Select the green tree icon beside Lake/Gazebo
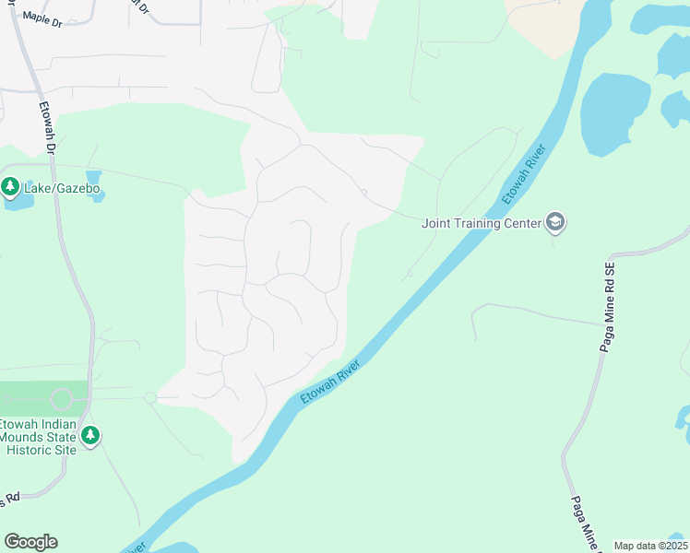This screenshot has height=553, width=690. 11,188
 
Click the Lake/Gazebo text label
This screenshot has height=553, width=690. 60,189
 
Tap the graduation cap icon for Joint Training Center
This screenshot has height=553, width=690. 555,222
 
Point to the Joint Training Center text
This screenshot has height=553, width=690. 482,223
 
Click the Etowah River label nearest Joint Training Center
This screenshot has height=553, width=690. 524,174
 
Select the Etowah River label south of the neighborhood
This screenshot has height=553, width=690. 329,382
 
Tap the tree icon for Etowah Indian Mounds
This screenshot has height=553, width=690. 89,435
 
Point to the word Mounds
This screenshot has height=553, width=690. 24,436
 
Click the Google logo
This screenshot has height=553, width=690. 30,542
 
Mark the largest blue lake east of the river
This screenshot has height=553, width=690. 615,115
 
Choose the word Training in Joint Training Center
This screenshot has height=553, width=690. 484,223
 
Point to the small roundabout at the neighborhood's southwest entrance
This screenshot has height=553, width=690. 149,398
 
